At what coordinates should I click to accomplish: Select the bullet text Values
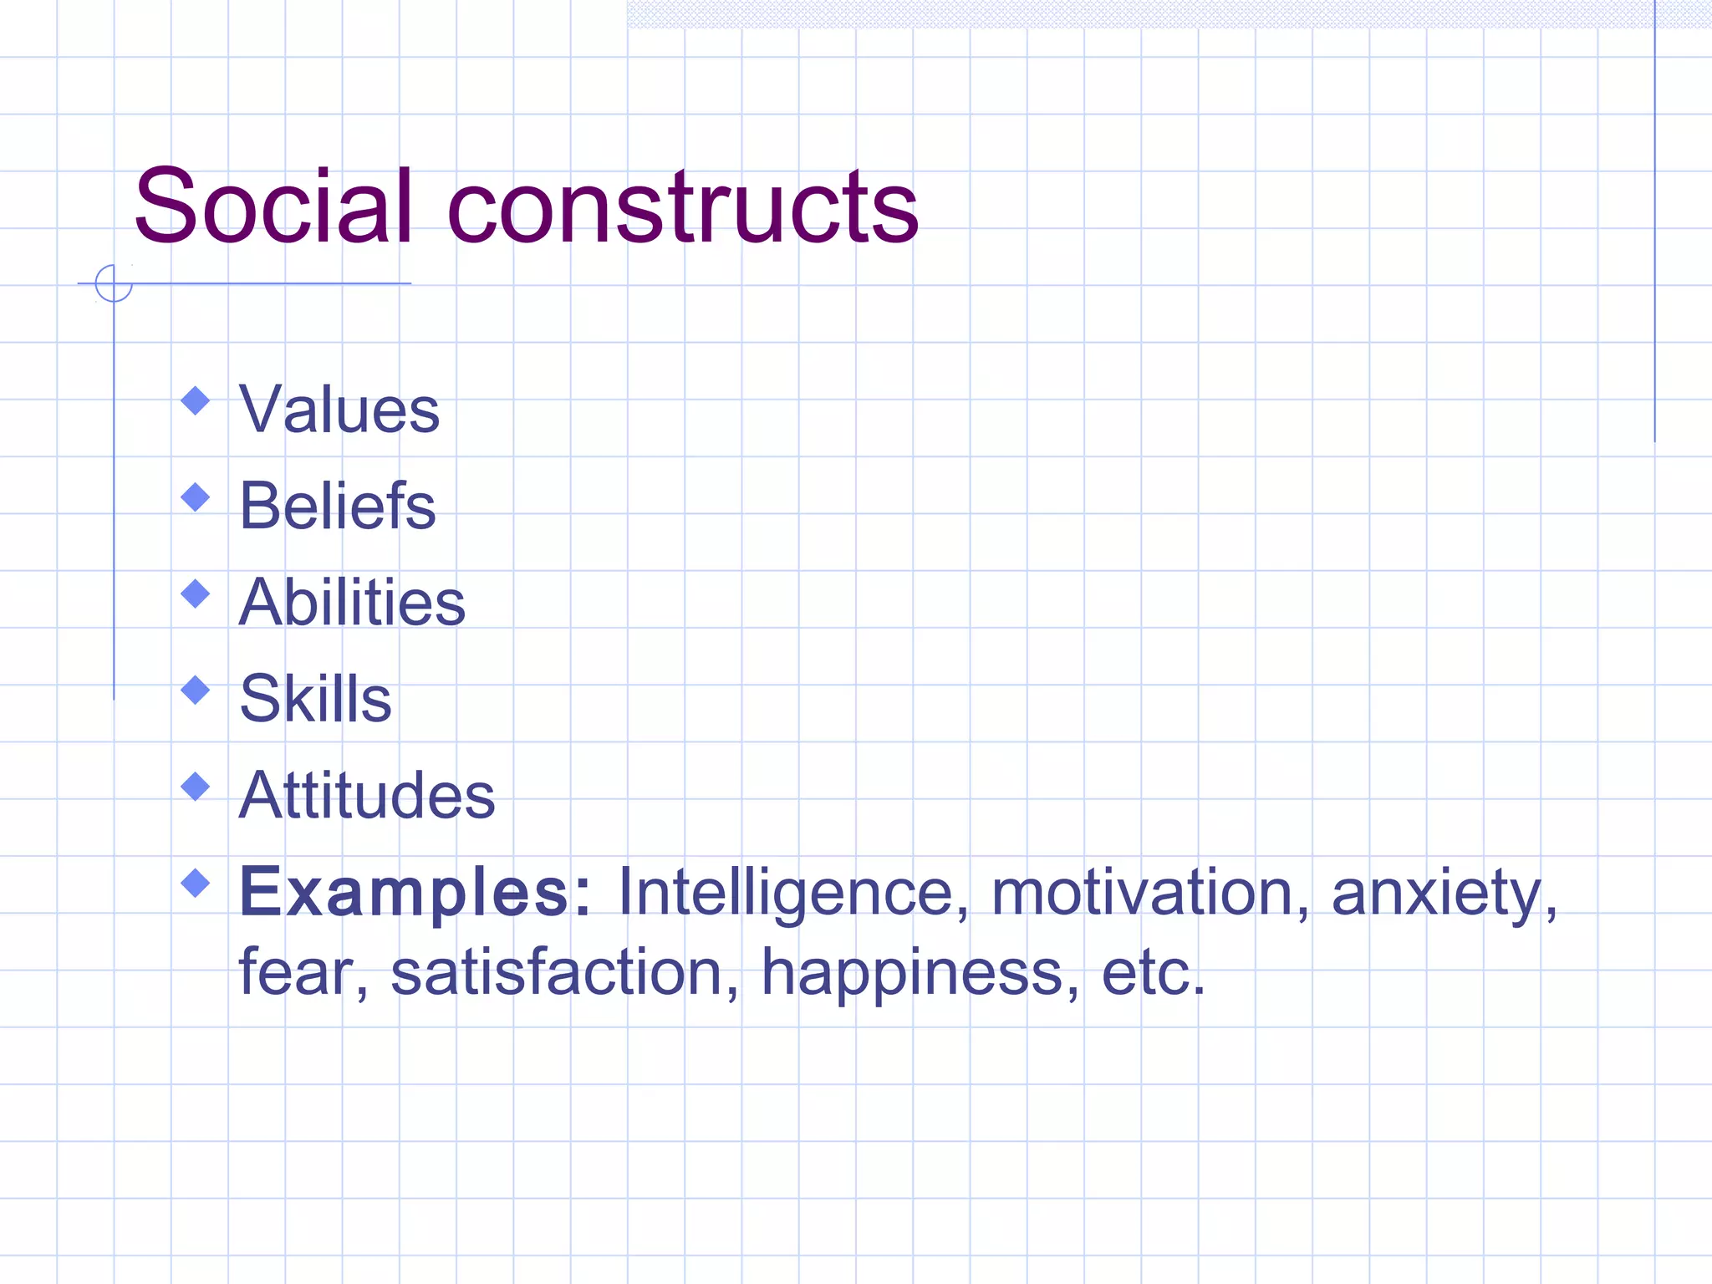(x=339, y=410)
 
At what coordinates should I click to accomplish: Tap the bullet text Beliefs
(x=337, y=506)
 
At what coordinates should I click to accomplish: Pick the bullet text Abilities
(x=352, y=602)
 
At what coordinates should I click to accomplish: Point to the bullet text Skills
(x=315, y=698)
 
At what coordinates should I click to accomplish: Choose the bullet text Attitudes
(x=367, y=794)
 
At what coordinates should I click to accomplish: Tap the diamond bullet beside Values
(x=196, y=401)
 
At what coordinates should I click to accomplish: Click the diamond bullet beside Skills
(x=196, y=690)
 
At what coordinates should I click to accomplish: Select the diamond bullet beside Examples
(x=196, y=883)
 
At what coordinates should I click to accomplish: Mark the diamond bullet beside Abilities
(x=196, y=594)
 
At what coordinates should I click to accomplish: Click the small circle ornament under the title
(x=114, y=283)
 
